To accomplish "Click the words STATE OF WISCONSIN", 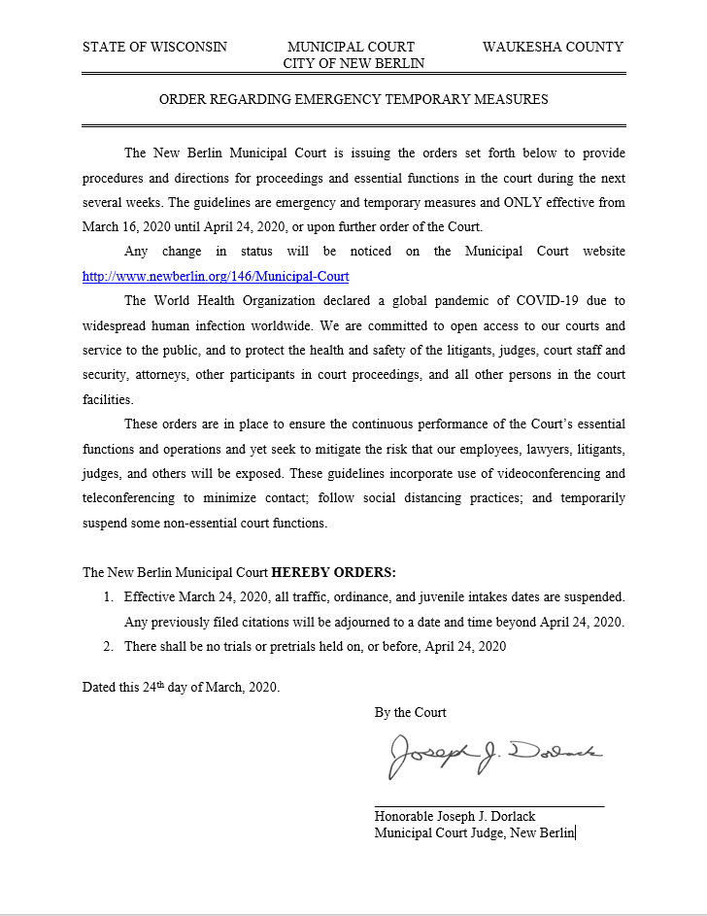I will click(x=154, y=47).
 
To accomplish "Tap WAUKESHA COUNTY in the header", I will click(x=553, y=47).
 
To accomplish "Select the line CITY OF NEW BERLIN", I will click(x=353, y=63).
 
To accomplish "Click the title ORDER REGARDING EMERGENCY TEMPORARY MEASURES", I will click(x=353, y=99).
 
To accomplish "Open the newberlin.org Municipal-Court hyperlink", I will click(x=216, y=276).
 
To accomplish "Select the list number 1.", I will click(x=109, y=596).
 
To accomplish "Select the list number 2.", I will click(x=109, y=645).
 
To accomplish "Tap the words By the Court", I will click(x=411, y=712).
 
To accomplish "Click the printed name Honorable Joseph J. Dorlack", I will click(x=454, y=816).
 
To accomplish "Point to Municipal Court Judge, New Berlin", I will click(x=475, y=831).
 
